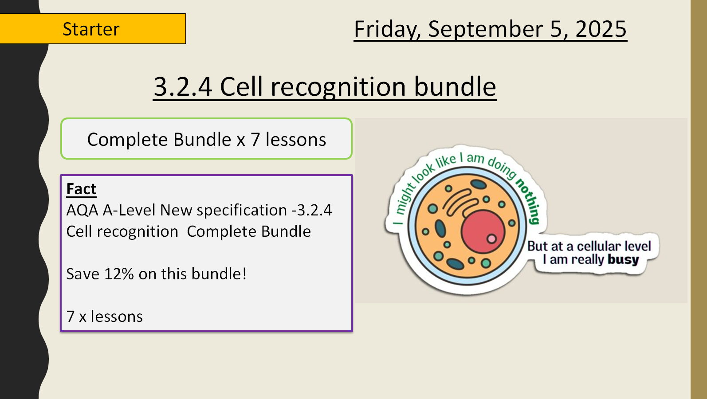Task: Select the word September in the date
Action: click(x=485, y=29)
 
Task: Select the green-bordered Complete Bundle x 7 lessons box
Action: click(x=206, y=139)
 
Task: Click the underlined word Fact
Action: click(x=81, y=189)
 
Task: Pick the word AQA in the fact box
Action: click(x=82, y=210)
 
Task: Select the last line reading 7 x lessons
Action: click(x=105, y=317)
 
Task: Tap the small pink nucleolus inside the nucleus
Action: click(x=491, y=239)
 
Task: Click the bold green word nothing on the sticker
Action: click(x=529, y=201)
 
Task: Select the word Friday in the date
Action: click(x=387, y=29)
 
